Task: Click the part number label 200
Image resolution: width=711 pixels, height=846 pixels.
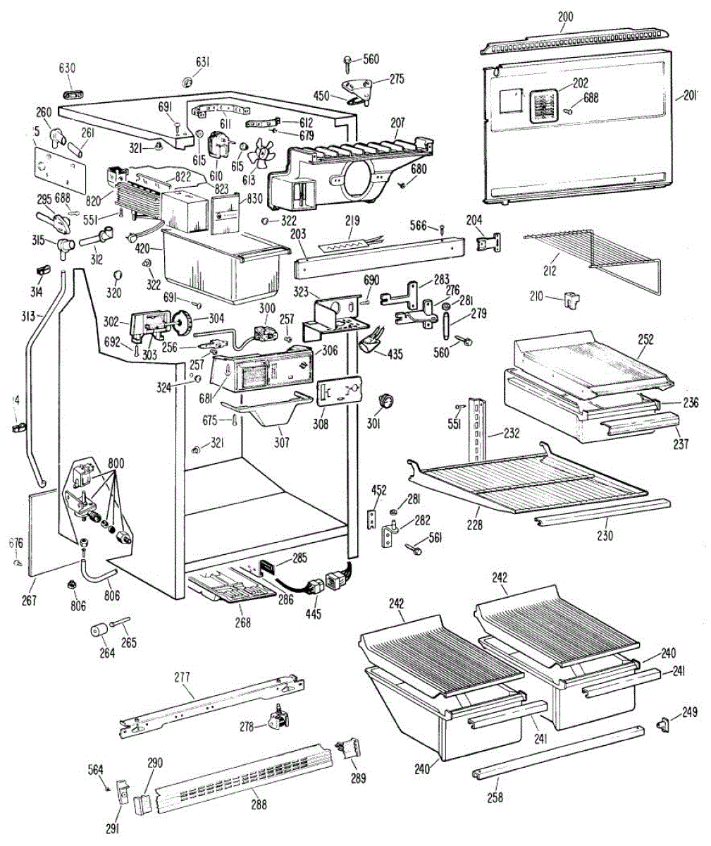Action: point(565,16)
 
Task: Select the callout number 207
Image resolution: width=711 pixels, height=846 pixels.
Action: point(397,123)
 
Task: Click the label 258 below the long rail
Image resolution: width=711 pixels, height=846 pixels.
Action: point(495,797)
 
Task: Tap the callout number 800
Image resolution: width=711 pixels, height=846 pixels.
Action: point(116,463)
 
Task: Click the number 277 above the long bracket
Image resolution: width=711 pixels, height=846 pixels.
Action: point(183,678)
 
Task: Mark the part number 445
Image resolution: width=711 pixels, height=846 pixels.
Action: point(314,613)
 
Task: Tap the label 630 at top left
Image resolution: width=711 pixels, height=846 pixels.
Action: point(67,68)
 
